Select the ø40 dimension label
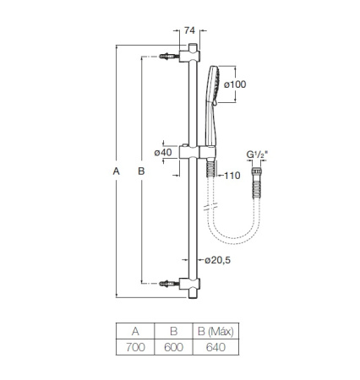pos(164,152)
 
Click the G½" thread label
pos(256,155)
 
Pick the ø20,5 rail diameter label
pos(215,259)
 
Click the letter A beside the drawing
pos(117,171)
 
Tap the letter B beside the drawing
pos(141,171)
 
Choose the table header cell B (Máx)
pos(210,332)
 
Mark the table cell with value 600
pos(173,347)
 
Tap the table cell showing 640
pos(210,347)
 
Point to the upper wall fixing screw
pos(169,57)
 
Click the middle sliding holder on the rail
pos(194,152)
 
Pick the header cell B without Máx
pos(173,332)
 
